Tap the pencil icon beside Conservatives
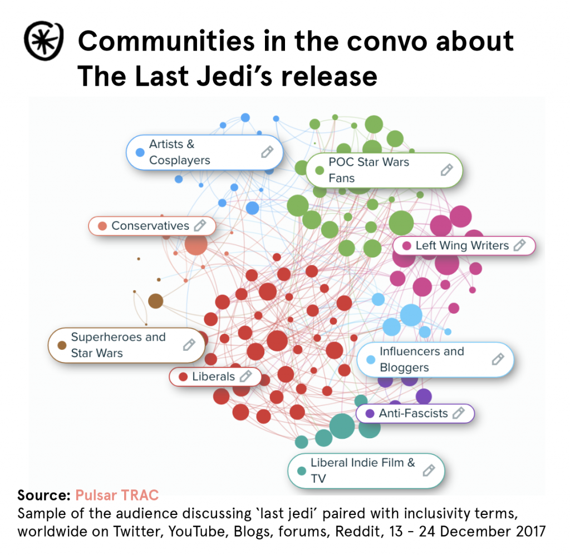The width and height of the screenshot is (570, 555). (x=199, y=226)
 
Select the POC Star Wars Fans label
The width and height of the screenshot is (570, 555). (x=368, y=170)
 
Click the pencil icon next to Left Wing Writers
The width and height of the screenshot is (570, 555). (x=519, y=245)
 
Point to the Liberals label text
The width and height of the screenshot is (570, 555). (x=214, y=376)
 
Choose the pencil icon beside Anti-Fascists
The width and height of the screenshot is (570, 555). (x=458, y=413)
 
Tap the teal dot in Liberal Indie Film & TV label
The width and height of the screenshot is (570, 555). (x=302, y=471)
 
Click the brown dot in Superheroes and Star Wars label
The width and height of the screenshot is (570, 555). (x=62, y=345)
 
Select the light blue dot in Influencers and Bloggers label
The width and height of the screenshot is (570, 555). (x=371, y=360)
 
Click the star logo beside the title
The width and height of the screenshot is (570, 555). (x=43, y=41)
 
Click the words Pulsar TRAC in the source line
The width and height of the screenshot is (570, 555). (x=117, y=495)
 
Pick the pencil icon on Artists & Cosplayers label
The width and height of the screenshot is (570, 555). (x=267, y=152)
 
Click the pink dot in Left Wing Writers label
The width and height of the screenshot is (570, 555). (x=406, y=246)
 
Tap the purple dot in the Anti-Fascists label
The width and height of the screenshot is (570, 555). (x=370, y=414)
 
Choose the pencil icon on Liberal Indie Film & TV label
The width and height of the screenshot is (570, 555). (x=428, y=470)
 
